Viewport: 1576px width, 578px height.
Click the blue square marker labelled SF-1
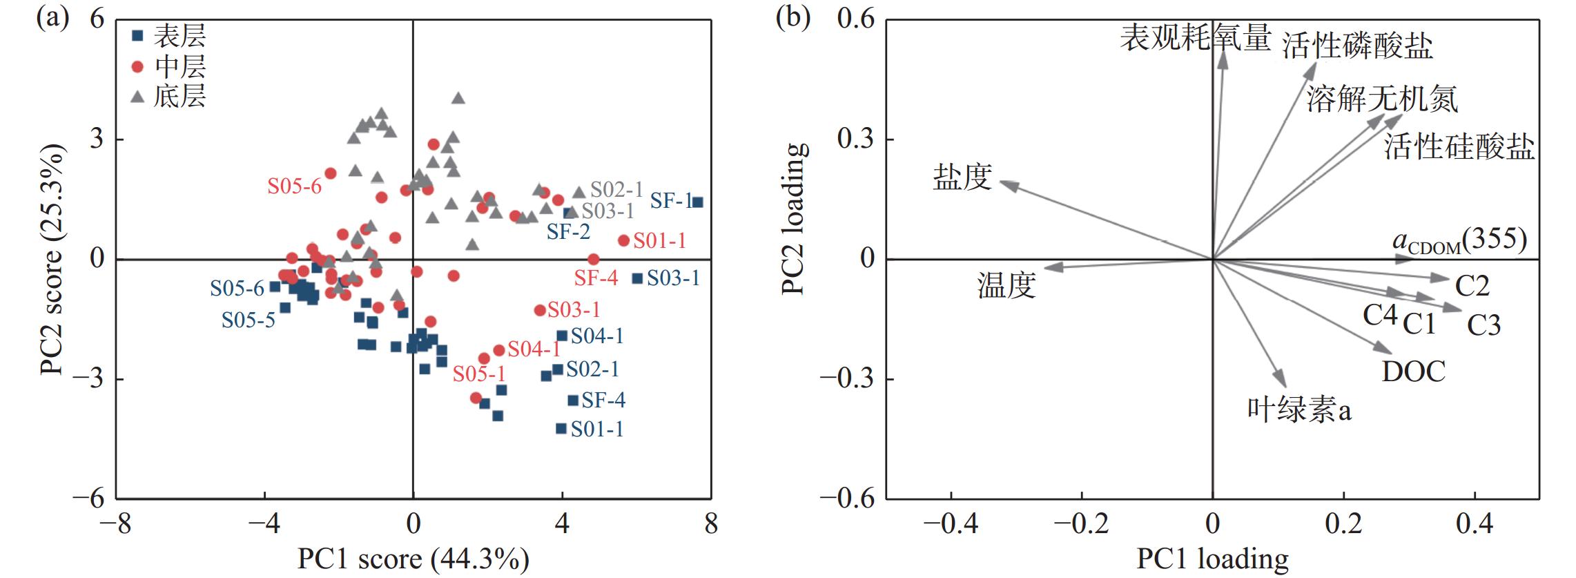click(698, 202)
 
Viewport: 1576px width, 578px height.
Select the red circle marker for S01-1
click(623, 240)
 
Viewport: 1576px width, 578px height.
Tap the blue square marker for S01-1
click(561, 429)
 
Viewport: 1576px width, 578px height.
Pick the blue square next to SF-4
click(573, 401)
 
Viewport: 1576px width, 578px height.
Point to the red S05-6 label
click(295, 186)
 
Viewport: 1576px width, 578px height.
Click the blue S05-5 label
click(249, 320)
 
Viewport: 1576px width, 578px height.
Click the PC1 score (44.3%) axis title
click(414, 559)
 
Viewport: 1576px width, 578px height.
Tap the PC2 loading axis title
click(795, 219)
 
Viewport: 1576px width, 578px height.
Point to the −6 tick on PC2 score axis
click(91, 499)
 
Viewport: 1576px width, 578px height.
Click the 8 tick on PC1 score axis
click(711, 524)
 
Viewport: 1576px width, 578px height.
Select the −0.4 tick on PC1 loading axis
click(951, 524)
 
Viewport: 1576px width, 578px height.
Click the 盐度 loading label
click(962, 177)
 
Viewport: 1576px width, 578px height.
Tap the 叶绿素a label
click(1299, 410)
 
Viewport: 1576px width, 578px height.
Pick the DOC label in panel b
click(1414, 372)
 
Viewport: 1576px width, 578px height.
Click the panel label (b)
click(792, 19)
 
